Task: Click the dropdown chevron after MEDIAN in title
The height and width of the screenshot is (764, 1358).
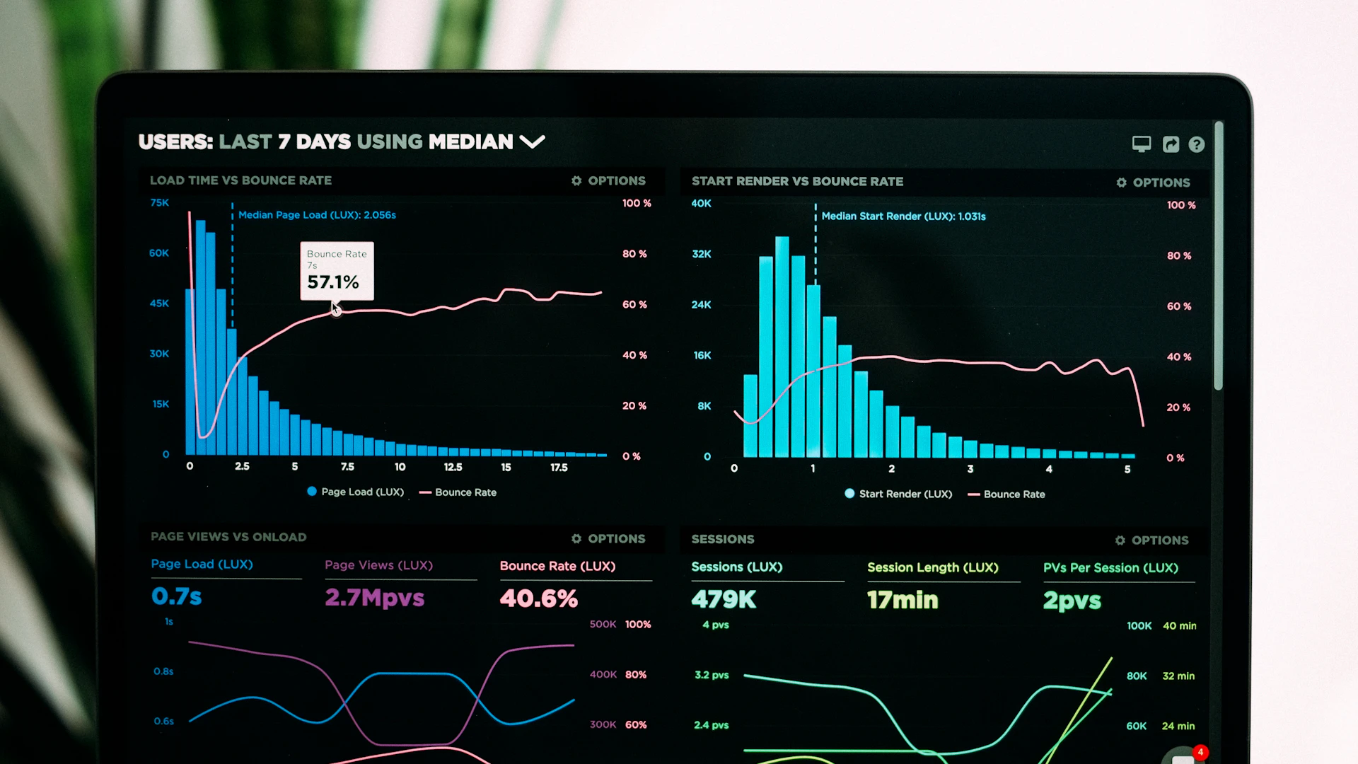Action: pyautogui.click(x=532, y=142)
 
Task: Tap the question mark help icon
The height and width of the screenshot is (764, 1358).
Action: pyautogui.click(x=1196, y=145)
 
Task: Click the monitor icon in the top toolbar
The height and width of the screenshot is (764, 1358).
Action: pyautogui.click(x=1142, y=144)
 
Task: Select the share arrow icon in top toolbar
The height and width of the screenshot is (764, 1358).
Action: pyautogui.click(x=1171, y=145)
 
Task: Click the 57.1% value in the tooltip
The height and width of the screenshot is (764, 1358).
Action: pyautogui.click(x=333, y=282)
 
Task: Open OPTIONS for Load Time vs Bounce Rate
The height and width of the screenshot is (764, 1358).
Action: pyautogui.click(x=608, y=181)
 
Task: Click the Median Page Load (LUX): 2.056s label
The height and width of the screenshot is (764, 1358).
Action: pyautogui.click(x=317, y=215)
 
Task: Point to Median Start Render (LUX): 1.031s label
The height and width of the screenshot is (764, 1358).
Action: pyautogui.click(x=903, y=216)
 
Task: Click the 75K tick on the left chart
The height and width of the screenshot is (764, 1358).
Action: pyautogui.click(x=159, y=203)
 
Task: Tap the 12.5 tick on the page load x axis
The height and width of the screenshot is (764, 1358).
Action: pyautogui.click(x=453, y=468)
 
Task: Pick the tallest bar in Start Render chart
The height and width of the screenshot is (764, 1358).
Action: pyautogui.click(x=782, y=347)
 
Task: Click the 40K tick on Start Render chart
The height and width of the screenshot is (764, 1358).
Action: pyautogui.click(x=701, y=204)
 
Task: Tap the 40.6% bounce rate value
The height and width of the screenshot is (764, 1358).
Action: pyautogui.click(x=538, y=598)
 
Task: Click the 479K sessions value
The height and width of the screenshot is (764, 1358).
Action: pyautogui.click(x=724, y=600)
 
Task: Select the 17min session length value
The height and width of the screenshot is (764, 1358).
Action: pyautogui.click(x=903, y=601)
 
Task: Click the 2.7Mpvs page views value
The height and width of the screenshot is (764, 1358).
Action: pyautogui.click(x=374, y=598)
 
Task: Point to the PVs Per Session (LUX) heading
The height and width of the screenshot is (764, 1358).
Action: pyautogui.click(x=1110, y=568)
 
